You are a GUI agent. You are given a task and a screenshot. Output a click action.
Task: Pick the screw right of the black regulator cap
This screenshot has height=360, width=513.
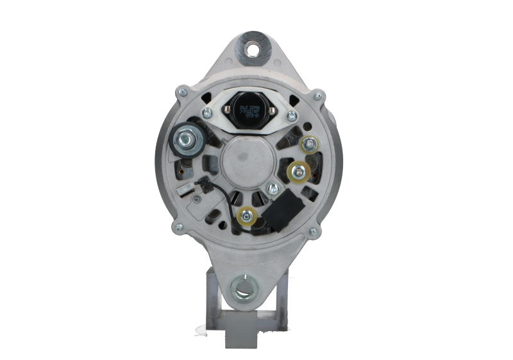pyautogui.click(x=292, y=116)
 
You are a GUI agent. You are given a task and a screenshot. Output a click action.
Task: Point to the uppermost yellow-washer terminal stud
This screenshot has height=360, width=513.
pyautogui.click(x=311, y=144)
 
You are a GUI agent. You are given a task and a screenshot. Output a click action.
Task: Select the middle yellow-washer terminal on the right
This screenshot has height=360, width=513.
pyautogui.click(x=297, y=171)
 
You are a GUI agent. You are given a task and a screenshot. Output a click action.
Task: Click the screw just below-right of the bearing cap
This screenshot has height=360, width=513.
pyautogui.click(x=274, y=188)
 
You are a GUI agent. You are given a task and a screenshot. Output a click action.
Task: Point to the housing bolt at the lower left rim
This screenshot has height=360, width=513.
pyautogui.click(x=178, y=225)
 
